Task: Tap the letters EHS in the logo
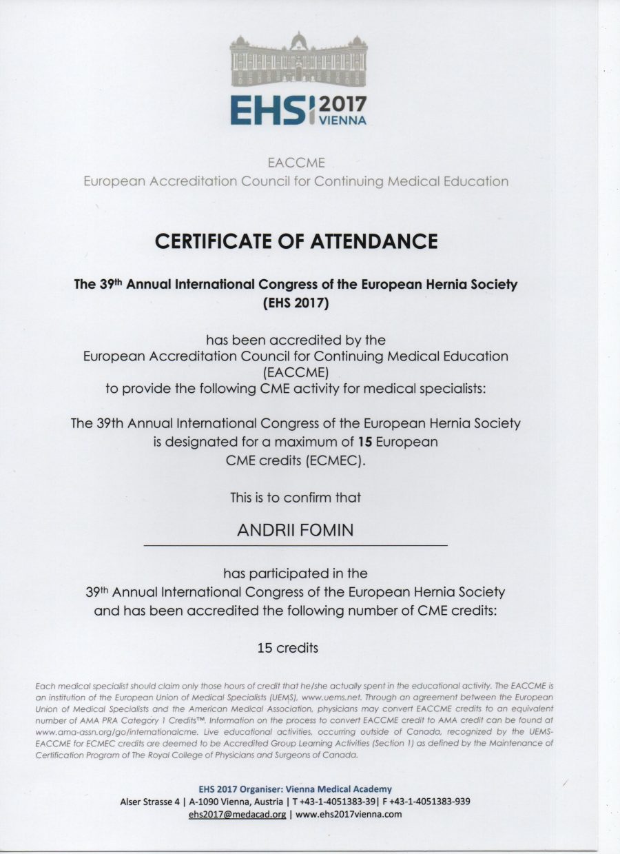pyautogui.click(x=269, y=110)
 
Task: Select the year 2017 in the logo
pyautogui.click(x=344, y=104)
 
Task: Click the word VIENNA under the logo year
pyautogui.click(x=344, y=120)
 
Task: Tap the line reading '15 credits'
pyautogui.click(x=287, y=647)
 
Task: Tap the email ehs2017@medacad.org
pyautogui.click(x=236, y=814)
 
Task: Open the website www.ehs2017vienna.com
pyautogui.click(x=348, y=814)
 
